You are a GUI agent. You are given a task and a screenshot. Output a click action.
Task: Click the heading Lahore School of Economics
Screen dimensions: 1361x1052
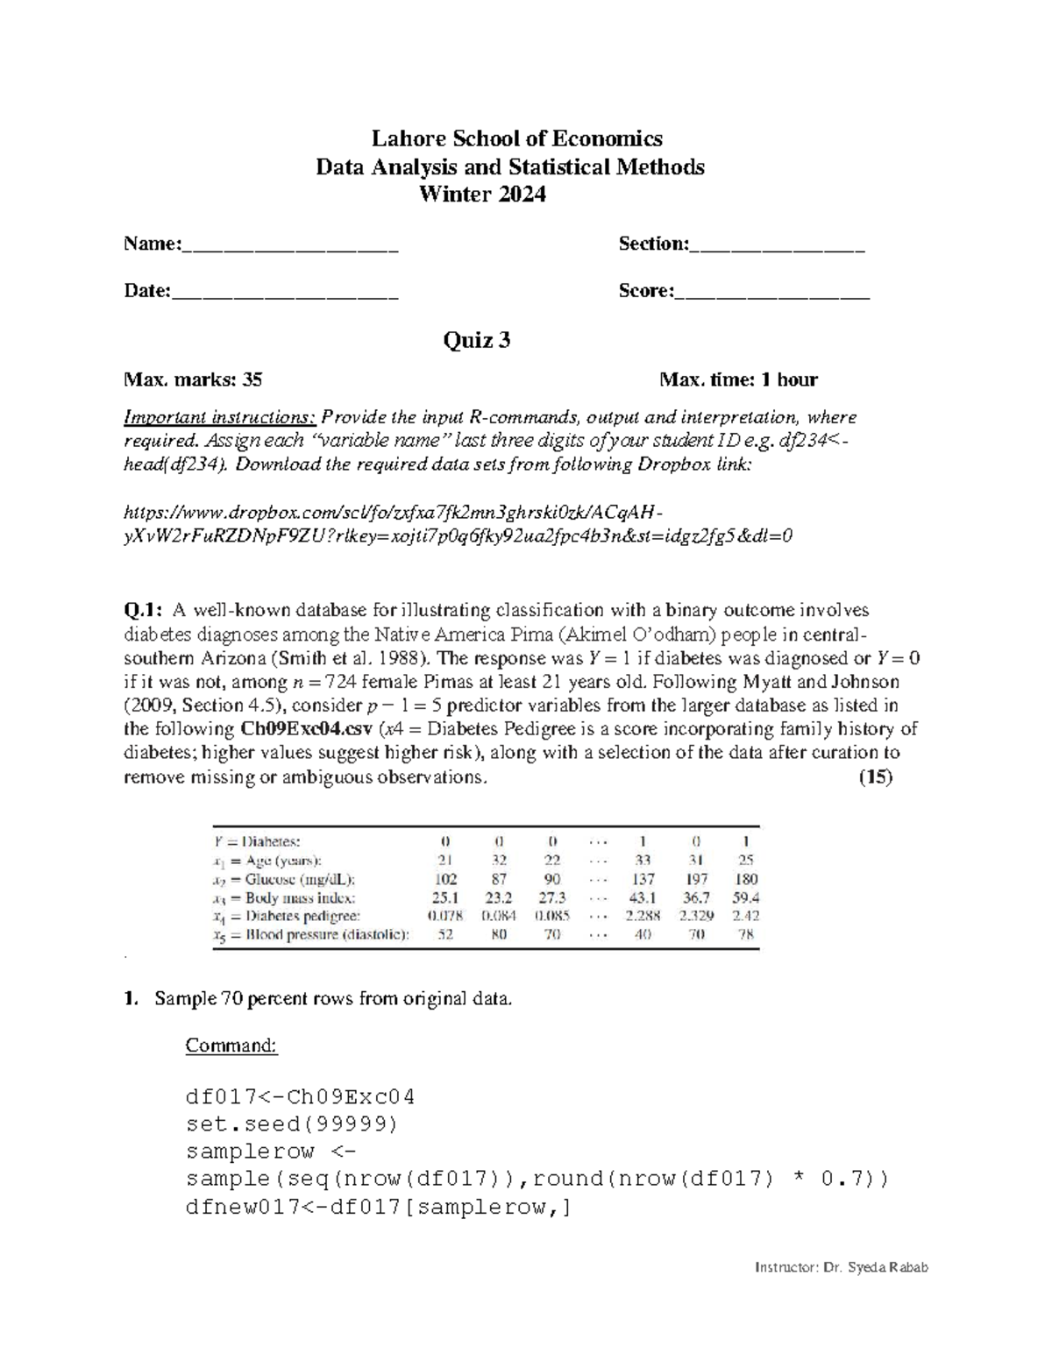[516, 138]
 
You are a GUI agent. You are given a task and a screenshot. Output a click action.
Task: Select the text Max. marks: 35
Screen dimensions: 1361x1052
[193, 379]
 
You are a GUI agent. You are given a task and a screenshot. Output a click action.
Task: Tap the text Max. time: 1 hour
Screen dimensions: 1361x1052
[738, 379]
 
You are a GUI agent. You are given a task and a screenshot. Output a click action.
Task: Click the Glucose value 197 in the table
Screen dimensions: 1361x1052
[697, 879]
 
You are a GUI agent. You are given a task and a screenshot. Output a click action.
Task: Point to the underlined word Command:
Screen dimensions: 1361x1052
[231, 1046]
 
